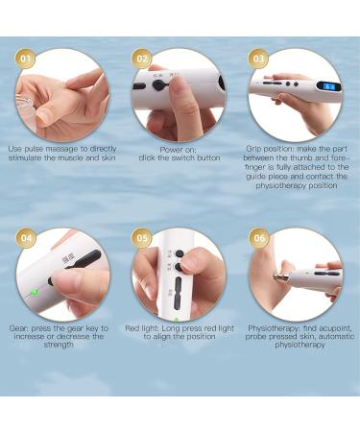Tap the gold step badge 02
[141, 59]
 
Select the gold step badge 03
[258, 59]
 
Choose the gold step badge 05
[141, 238]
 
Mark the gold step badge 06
[258, 238]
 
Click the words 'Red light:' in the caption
[145, 328]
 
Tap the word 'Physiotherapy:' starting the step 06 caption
[273, 328]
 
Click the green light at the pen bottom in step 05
[175, 317]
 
